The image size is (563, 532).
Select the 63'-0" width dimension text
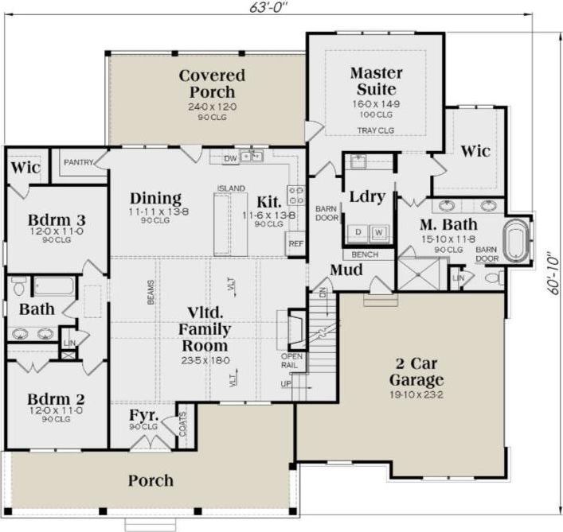(268, 7)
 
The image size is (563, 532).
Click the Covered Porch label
(212, 83)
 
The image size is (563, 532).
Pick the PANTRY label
(79, 162)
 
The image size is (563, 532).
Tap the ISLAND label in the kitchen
(230, 188)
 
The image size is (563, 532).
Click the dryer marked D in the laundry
(358, 232)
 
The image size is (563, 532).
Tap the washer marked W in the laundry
(379, 232)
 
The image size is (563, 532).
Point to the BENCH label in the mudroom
(366, 254)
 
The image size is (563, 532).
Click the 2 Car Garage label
(415, 371)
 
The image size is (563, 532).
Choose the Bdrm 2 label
(57, 398)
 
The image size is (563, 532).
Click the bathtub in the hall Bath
(54, 285)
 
